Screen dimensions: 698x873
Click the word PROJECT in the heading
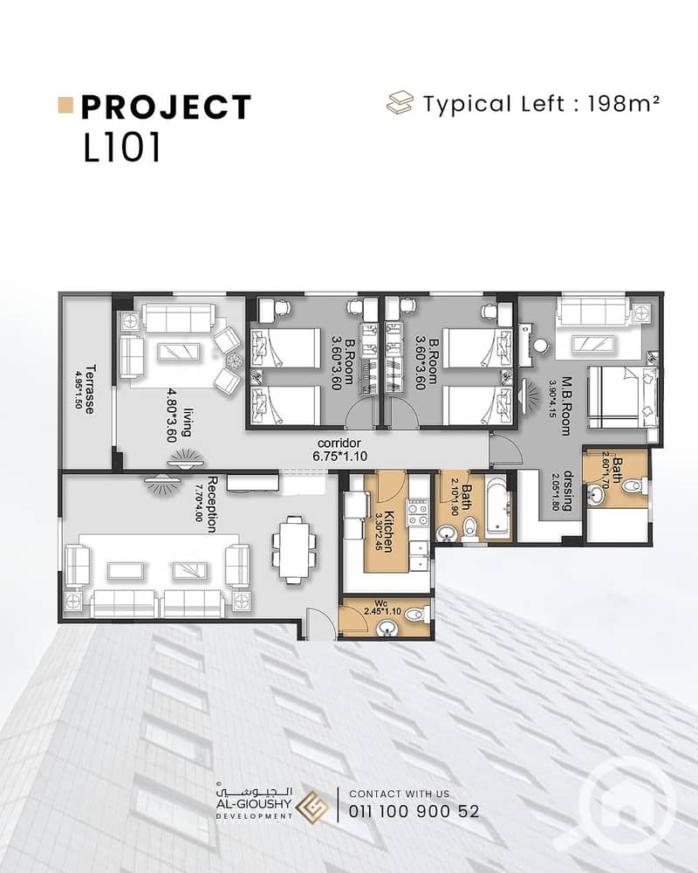pyautogui.click(x=166, y=107)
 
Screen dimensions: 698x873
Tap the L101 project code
pyautogui.click(x=122, y=148)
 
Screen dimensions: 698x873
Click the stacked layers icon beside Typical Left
pyautogui.click(x=400, y=103)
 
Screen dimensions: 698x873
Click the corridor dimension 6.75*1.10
pyautogui.click(x=339, y=457)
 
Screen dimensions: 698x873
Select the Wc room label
pyautogui.click(x=380, y=603)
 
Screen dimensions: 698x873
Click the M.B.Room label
pyautogui.click(x=566, y=406)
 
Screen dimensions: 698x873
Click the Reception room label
pyautogui.click(x=213, y=504)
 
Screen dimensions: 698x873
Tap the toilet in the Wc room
pyautogui.click(x=416, y=615)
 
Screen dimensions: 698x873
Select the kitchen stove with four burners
pyautogui.click(x=419, y=512)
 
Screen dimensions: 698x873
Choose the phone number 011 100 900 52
pyautogui.click(x=414, y=811)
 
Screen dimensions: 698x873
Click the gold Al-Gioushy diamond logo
pyautogui.click(x=312, y=806)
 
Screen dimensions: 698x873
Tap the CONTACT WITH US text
pyautogui.click(x=399, y=794)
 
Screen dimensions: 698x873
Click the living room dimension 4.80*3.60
pyautogui.click(x=173, y=416)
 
